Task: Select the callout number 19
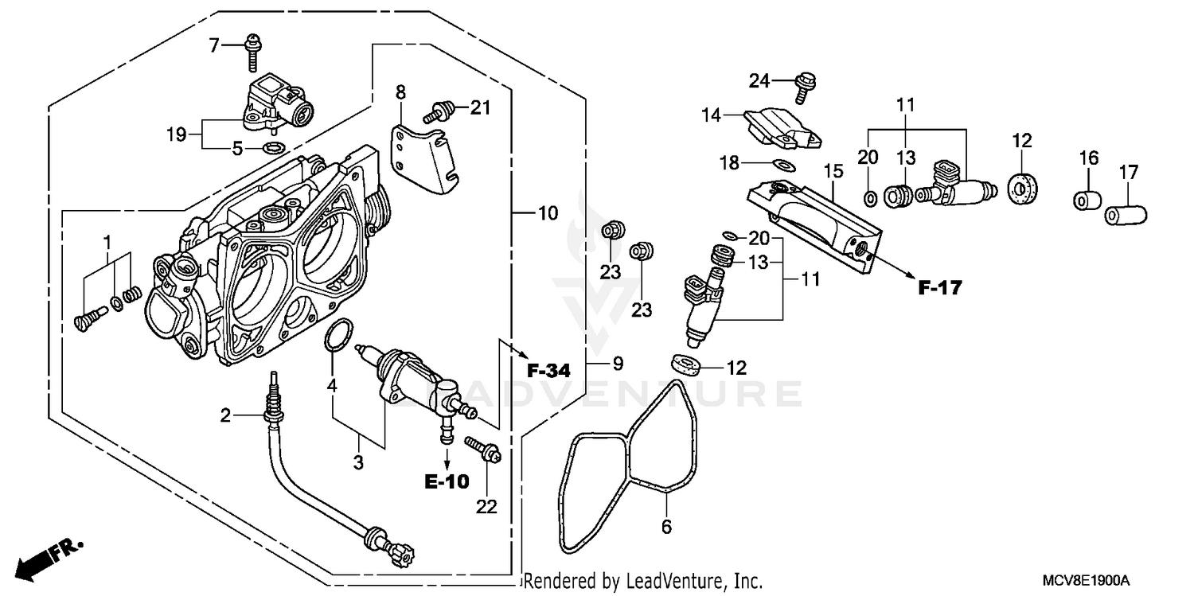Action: pyautogui.click(x=176, y=134)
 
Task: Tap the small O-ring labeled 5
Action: pyautogui.click(x=274, y=148)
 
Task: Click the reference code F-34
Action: pyautogui.click(x=549, y=370)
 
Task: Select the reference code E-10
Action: pyautogui.click(x=447, y=481)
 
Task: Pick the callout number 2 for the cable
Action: pyautogui.click(x=226, y=415)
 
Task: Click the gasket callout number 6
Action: pyautogui.click(x=667, y=527)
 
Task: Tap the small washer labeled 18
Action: pyautogui.click(x=783, y=165)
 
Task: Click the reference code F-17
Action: pyautogui.click(x=939, y=288)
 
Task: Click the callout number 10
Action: pyautogui.click(x=548, y=213)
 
